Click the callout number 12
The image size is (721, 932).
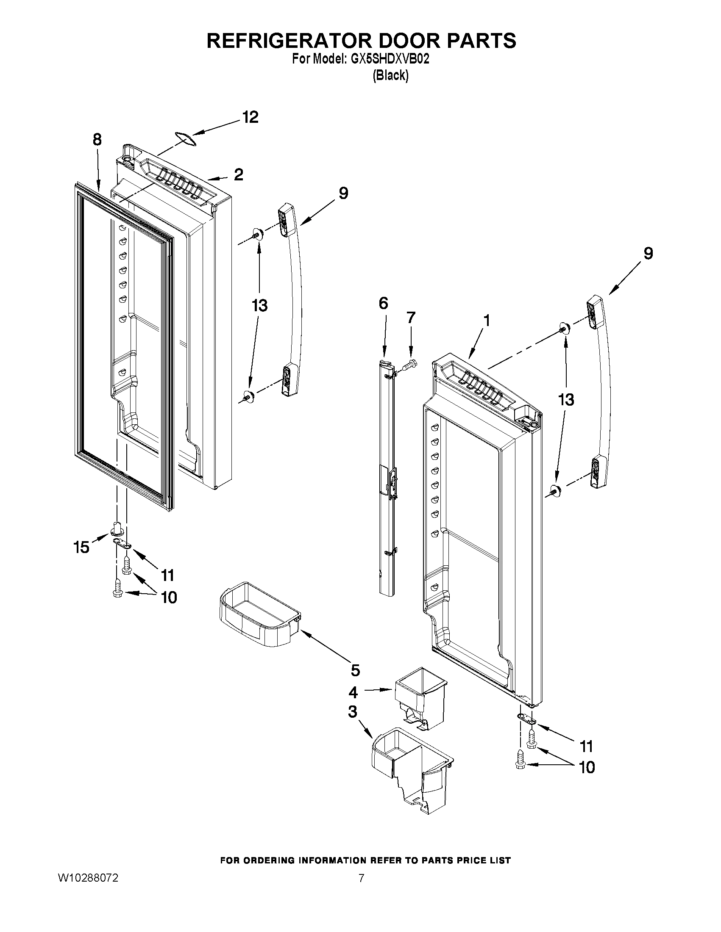pos(251,117)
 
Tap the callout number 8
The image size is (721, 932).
pos(97,140)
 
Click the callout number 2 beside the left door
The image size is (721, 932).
pos(238,174)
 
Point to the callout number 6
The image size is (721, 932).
pos(383,304)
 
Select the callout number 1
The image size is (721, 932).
pos(486,320)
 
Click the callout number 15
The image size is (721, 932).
pos(81,547)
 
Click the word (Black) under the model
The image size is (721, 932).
pos(390,75)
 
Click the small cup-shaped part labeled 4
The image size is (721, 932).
pos(420,697)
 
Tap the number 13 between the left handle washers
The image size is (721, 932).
pos(259,306)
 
